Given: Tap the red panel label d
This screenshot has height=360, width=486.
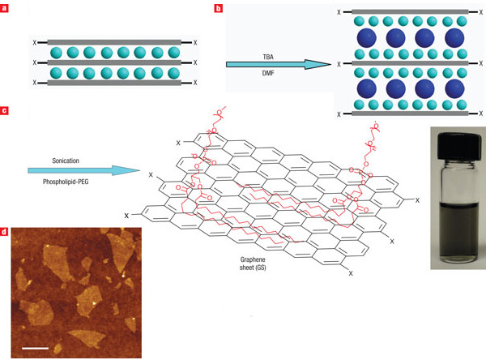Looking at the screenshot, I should point(6,232).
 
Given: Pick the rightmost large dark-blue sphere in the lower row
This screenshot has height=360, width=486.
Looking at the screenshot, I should point(454,88).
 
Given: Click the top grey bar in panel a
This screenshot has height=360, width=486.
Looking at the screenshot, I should point(113,41).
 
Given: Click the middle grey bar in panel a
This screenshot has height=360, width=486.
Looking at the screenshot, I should point(113,62).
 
